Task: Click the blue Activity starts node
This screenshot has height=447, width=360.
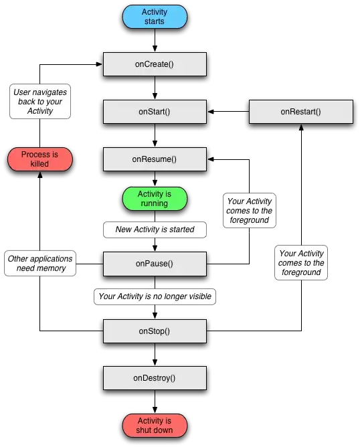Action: click(155, 17)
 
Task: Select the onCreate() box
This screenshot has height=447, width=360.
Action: click(155, 64)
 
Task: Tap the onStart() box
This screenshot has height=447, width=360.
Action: click(155, 112)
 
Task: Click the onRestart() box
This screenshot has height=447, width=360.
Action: click(300, 112)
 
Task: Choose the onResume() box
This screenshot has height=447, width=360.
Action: click(155, 159)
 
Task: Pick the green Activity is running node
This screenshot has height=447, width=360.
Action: click(155, 199)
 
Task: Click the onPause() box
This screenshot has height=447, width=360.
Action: click(155, 264)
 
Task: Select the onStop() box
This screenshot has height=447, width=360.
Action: click(155, 331)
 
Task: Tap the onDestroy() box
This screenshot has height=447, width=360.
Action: click(155, 378)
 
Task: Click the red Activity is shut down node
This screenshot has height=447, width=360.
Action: click(155, 425)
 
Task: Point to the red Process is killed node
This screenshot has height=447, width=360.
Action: click(40, 159)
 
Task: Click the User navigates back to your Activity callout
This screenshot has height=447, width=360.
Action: click(40, 102)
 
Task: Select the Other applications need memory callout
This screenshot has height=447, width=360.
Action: click(41, 263)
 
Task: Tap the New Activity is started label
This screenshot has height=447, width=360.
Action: click(155, 230)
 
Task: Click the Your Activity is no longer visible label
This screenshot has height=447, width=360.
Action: click(155, 296)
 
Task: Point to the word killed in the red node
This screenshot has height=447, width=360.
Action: click(40, 164)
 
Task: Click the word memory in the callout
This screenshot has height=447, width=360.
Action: click(52, 268)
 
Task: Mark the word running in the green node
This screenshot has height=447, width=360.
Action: click(155, 203)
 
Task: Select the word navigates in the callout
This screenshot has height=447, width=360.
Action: click(51, 92)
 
